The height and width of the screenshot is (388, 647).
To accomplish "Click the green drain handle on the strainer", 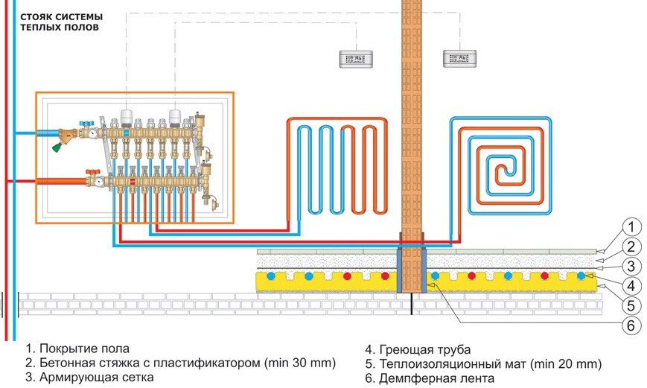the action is [x=56, y=146].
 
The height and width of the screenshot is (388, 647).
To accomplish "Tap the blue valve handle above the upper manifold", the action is [x=87, y=123].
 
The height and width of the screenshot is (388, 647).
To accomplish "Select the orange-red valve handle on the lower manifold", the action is [x=91, y=171].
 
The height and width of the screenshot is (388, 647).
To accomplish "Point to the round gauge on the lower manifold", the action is [x=98, y=181].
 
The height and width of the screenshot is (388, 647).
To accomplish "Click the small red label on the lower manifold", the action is [x=133, y=181].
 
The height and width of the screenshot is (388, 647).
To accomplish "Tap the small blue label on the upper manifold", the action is [x=127, y=133].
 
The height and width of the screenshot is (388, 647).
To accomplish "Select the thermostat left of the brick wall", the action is [x=356, y=59].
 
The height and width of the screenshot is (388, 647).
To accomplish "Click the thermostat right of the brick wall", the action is [x=459, y=59].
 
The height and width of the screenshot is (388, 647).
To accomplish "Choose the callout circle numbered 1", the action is [x=631, y=227].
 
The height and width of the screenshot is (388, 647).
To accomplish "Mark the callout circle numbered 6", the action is [x=631, y=325].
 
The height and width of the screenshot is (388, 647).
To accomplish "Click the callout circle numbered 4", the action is [x=631, y=286].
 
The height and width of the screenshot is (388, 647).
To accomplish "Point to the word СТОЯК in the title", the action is [x=36, y=17].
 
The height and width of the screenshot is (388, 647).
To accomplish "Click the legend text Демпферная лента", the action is [x=436, y=378].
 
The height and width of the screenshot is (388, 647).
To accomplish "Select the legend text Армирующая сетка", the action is [x=97, y=377].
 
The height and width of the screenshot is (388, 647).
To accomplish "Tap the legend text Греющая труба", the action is [x=425, y=350].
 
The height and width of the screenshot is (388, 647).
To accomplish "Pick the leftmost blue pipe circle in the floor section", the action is [x=271, y=276].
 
